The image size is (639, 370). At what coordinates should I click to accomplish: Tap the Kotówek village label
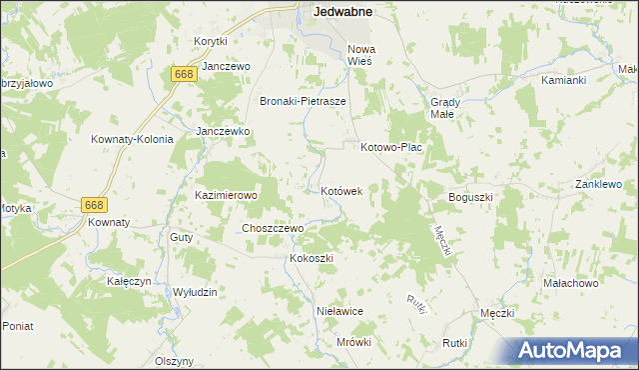pyautogui.click(x=347, y=190)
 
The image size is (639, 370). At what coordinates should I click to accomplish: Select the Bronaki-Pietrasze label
pyautogui.click(x=303, y=101)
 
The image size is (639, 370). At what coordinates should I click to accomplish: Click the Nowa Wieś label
pyautogui.click(x=359, y=54)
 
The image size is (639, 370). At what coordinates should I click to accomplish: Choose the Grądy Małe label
pyautogui.click(x=444, y=107)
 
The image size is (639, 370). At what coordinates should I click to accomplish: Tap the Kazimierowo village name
pyautogui.click(x=227, y=195)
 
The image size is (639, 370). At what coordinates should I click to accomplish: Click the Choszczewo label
pyautogui.click(x=273, y=228)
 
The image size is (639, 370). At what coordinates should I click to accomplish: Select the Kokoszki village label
pyautogui.click(x=311, y=258)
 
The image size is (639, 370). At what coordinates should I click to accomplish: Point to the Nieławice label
pyautogui.click(x=338, y=311)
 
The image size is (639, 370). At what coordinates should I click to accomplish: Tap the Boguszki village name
pyautogui.click(x=471, y=197)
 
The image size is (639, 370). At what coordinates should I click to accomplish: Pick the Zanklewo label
pyautogui.click(x=598, y=185)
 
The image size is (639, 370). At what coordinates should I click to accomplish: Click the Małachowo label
pyautogui.click(x=570, y=284)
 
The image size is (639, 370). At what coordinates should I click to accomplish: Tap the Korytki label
pyautogui.click(x=212, y=41)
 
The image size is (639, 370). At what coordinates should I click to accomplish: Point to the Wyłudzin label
pyautogui.click(x=195, y=291)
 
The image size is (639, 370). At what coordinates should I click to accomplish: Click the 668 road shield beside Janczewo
pyautogui.click(x=183, y=75)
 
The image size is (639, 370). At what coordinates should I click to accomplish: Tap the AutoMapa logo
pyautogui.click(x=573, y=350)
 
